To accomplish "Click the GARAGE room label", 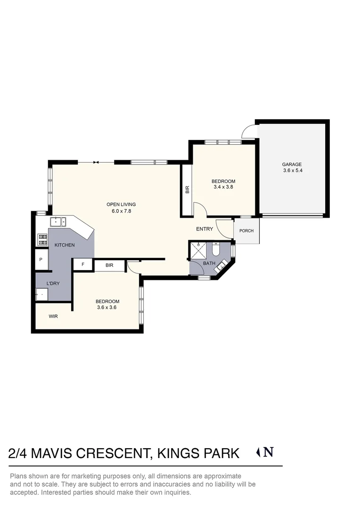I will [292, 164].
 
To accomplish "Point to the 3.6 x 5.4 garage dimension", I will [292, 171].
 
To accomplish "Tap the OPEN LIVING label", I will [121, 205].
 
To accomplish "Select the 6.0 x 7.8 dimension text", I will [121, 211].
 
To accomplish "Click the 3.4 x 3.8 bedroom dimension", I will [223, 187].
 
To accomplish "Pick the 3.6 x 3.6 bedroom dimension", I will [107, 307].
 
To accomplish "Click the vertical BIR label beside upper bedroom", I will [187, 189].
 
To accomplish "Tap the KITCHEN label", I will [65, 245].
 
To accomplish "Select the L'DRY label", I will [52, 283].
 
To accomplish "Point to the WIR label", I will [53, 316].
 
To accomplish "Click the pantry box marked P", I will [41, 260].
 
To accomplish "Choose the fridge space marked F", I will [83, 265].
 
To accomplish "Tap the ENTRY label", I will [205, 229].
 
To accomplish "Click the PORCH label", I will [246, 231].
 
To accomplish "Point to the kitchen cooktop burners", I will [42, 239].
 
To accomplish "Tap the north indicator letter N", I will [268, 452].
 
